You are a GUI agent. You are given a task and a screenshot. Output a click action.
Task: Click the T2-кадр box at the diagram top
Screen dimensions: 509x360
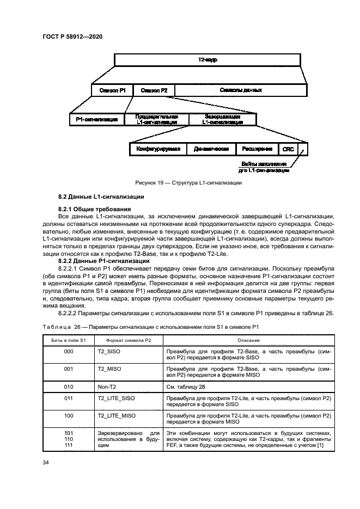[x=208, y=60]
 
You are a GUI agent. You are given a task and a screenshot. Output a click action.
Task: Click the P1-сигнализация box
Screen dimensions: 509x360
[x=97, y=120]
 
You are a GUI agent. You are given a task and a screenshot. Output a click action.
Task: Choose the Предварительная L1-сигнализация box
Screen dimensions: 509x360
[x=157, y=120]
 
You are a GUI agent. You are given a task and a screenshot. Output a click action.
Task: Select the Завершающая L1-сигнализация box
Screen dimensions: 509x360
[x=222, y=120]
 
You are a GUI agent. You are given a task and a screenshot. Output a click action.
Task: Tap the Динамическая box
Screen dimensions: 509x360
[x=211, y=149]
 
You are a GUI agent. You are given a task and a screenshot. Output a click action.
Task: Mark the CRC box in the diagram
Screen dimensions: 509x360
[x=286, y=149]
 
